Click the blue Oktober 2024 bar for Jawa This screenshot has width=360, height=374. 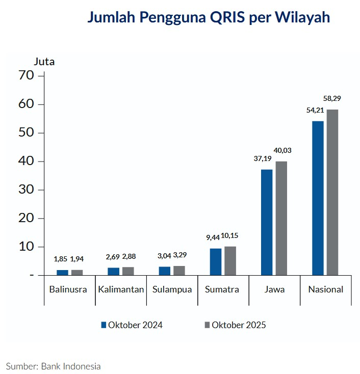point(267,222)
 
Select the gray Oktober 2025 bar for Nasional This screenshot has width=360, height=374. point(332,192)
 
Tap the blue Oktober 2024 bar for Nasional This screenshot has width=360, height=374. point(318,198)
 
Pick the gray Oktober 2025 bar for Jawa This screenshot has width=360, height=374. point(281,218)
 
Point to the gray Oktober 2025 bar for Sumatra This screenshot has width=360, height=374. point(230,260)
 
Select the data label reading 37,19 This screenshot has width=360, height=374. point(263,158)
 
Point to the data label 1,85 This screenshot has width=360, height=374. point(61,259)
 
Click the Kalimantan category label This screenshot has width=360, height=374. point(121,289)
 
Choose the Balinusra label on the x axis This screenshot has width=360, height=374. point(68,289)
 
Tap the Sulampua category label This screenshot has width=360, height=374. point(172,289)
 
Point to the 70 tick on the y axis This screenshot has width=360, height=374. point(27,75)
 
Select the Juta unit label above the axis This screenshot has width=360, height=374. point(44,62)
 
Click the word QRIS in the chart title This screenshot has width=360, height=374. point(222,17)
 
